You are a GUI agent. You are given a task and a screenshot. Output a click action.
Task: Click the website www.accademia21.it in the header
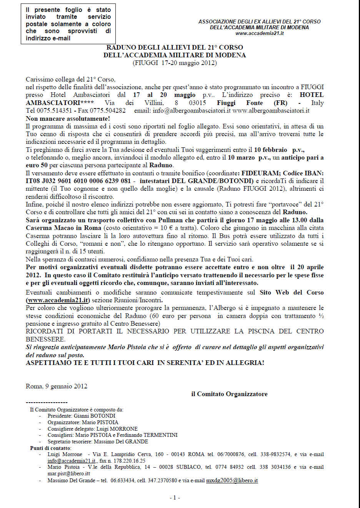pos(259,33)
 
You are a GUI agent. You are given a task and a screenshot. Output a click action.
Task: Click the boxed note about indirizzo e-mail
pos(68,24)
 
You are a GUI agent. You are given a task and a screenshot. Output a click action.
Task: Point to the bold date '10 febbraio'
pos(270,150)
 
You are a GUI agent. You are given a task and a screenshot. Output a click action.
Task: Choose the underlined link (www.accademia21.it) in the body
pos(58,300)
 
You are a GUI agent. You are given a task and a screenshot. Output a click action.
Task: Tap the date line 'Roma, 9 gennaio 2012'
pos(57,386)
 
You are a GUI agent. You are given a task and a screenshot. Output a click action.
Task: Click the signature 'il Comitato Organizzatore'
pos(229,394)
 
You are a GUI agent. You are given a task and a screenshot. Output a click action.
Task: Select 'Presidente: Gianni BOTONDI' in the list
pos(81,416)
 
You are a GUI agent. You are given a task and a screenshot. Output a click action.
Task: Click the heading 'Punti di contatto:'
pos(50,448)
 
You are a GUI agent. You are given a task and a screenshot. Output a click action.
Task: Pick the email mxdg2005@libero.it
pos(232,480)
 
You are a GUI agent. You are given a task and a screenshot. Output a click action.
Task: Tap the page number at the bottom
pos(175,498)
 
